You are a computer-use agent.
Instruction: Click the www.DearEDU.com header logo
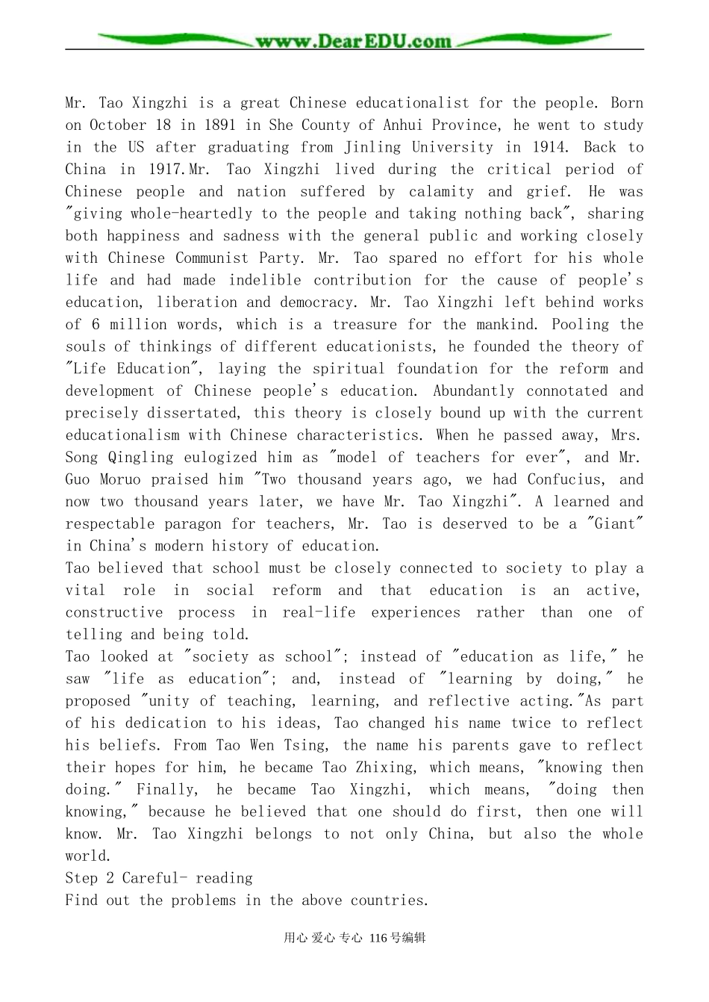pyautogui.click(x=354, y=42)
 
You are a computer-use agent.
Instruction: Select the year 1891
pyautogui.click(x=221, y=125)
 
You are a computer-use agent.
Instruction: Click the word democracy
pyautogui.click(x=319, y=303)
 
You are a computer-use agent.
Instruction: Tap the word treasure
pyautogui.click(x=363, y=325)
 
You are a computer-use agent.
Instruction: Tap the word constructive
pyautogui.click(x=114, y=613)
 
